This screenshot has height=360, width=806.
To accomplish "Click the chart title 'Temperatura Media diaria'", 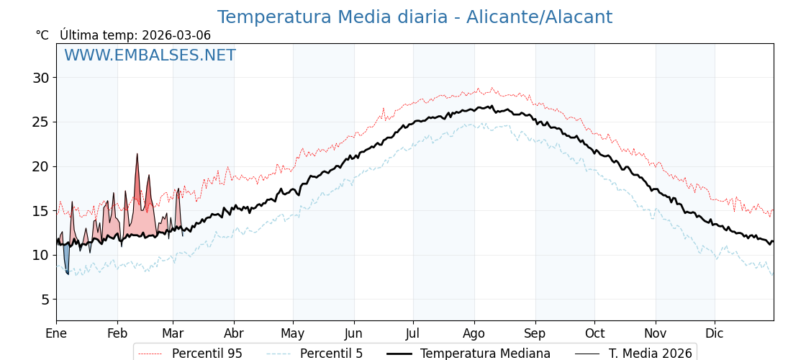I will click(x=332, y=17).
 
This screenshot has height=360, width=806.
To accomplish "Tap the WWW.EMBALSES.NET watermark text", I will click(x=150, y=55).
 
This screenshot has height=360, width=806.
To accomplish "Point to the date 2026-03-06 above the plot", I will click(x=176, y=35).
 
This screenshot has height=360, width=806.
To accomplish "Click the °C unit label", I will click(x=42, y=35).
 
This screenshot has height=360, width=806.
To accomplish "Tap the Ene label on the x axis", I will click(x=56, y=333).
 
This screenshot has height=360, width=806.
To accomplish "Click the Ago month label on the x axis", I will click(x=474, y=333).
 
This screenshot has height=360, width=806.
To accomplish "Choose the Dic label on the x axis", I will click(x=715, y=333).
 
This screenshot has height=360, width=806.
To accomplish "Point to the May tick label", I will click(x=292, y=333).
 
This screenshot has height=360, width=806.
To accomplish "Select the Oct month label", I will click(x=594, y=333).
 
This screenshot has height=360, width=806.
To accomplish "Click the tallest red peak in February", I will click(x=137, y=155).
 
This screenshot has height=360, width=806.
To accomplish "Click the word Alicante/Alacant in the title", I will click(x=539, y=17).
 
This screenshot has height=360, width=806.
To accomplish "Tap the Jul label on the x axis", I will click(x=413, y=333).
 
